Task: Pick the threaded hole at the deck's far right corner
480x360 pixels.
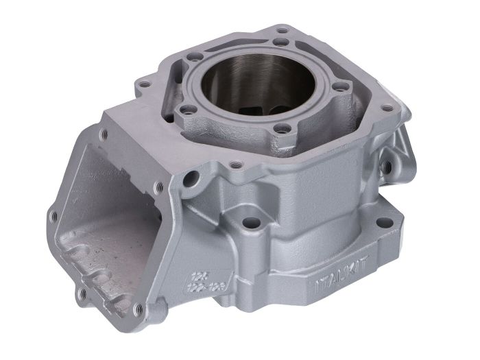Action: click(x=389, y=108)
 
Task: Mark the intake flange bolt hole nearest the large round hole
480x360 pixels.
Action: click(x=160, y=185)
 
